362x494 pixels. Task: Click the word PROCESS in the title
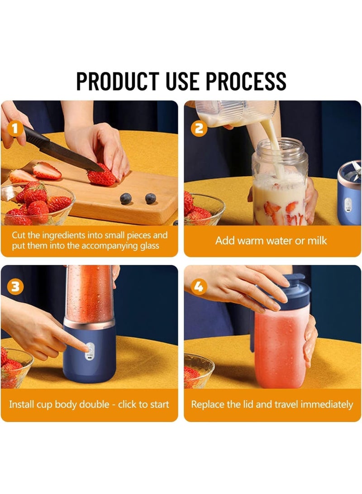pyautogui.click(x=246, y=81)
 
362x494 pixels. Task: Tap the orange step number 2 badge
pyautogui.click(x=199, y=129)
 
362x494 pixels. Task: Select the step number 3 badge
pyautogui.click(x=15, y=287)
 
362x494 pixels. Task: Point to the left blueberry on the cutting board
pyautogui.click(x=126, y=198)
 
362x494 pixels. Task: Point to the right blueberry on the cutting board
pyautogui.click(x=150, y=198)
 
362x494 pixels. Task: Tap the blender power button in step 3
pyautogui.click(x=90, y=349)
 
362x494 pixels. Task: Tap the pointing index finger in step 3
pyautogui.click(x=77, y=345)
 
